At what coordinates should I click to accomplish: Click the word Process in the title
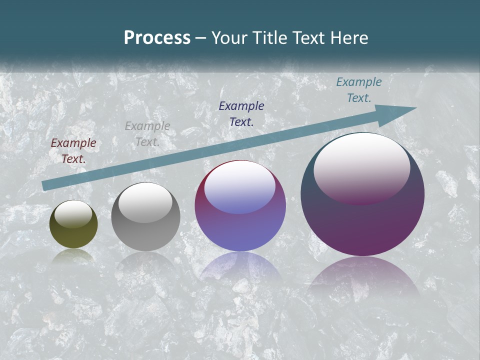[x=157, y=38]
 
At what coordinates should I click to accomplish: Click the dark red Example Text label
[x=73, y=151]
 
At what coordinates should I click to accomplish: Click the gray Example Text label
[x=147, y=134]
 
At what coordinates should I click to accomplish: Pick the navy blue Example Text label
[x=241, y=113]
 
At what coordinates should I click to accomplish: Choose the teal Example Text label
[x=358, y=90]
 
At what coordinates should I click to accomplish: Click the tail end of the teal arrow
[x=46, y=185]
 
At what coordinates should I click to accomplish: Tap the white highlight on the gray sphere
[x=145, y=202]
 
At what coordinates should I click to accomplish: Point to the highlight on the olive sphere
[x=73, y=214]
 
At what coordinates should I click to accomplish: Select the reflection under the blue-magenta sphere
[x=240, y=267]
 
